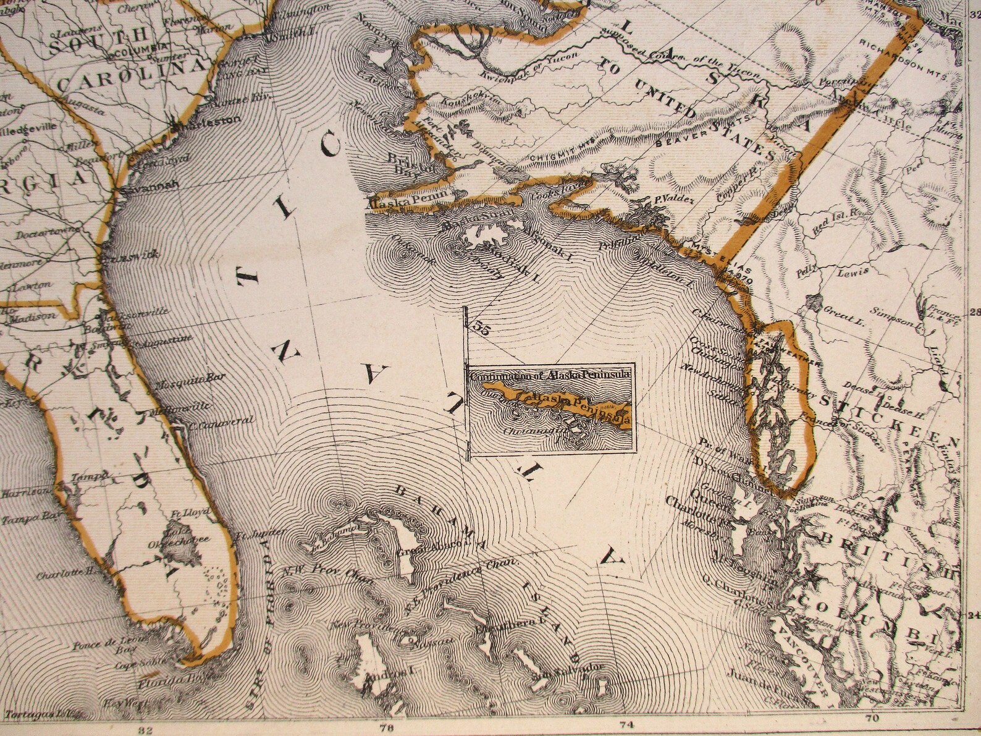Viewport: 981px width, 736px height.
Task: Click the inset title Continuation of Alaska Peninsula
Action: [549, 375]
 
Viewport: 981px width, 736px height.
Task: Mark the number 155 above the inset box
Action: [478, 329]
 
